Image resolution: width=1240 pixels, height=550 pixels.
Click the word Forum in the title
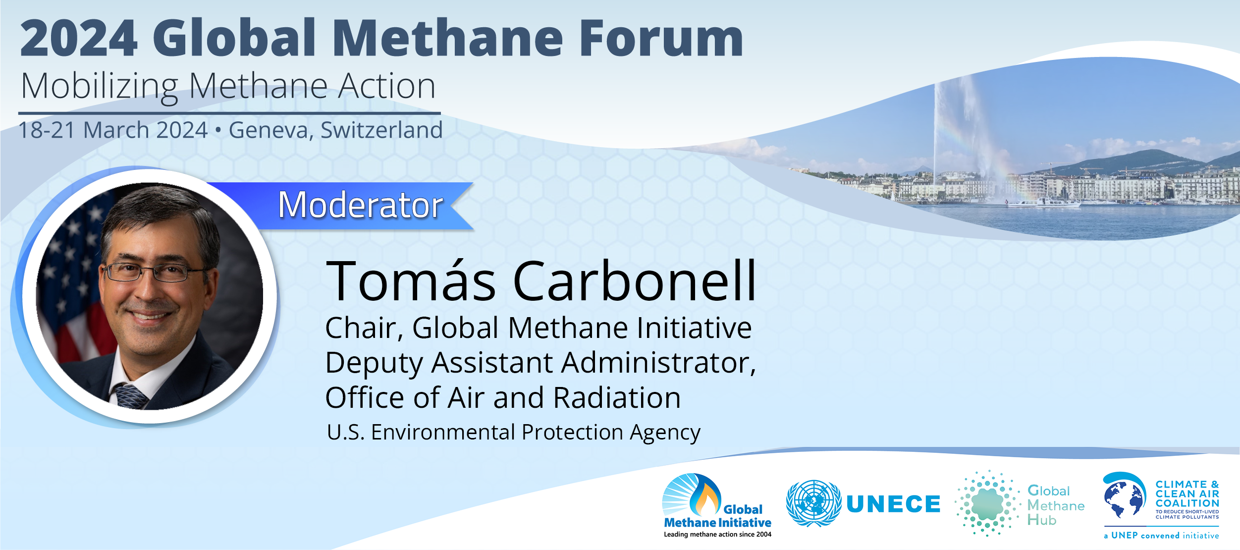[x=661, y=38]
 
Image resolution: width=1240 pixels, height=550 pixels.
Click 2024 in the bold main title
[x=79, y=38]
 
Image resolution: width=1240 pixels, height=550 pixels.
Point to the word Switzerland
[x=381, y=130]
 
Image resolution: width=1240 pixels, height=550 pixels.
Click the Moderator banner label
[x=361, y=205]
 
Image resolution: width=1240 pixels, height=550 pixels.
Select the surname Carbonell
[x=635, y=281]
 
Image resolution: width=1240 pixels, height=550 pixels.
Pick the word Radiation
[x=617, y=398]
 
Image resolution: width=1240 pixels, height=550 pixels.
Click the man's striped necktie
[x=131, y=396]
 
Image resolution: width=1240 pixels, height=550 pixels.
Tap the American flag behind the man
[x=72, y=277]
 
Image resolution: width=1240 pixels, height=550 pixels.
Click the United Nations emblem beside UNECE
[x=813, y=503]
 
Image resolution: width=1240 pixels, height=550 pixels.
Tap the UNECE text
[x=893, y=504]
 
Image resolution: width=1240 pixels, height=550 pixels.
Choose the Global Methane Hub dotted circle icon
[x=987, y=503]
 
